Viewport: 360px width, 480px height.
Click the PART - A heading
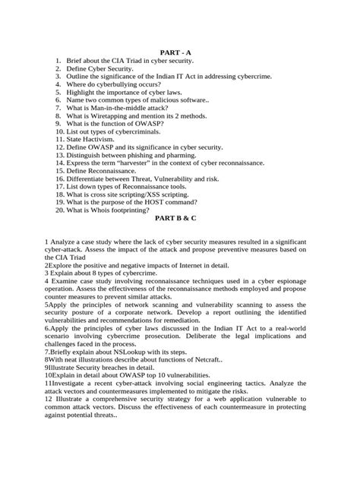point(180,49)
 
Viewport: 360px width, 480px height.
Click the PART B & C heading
point(180,217)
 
